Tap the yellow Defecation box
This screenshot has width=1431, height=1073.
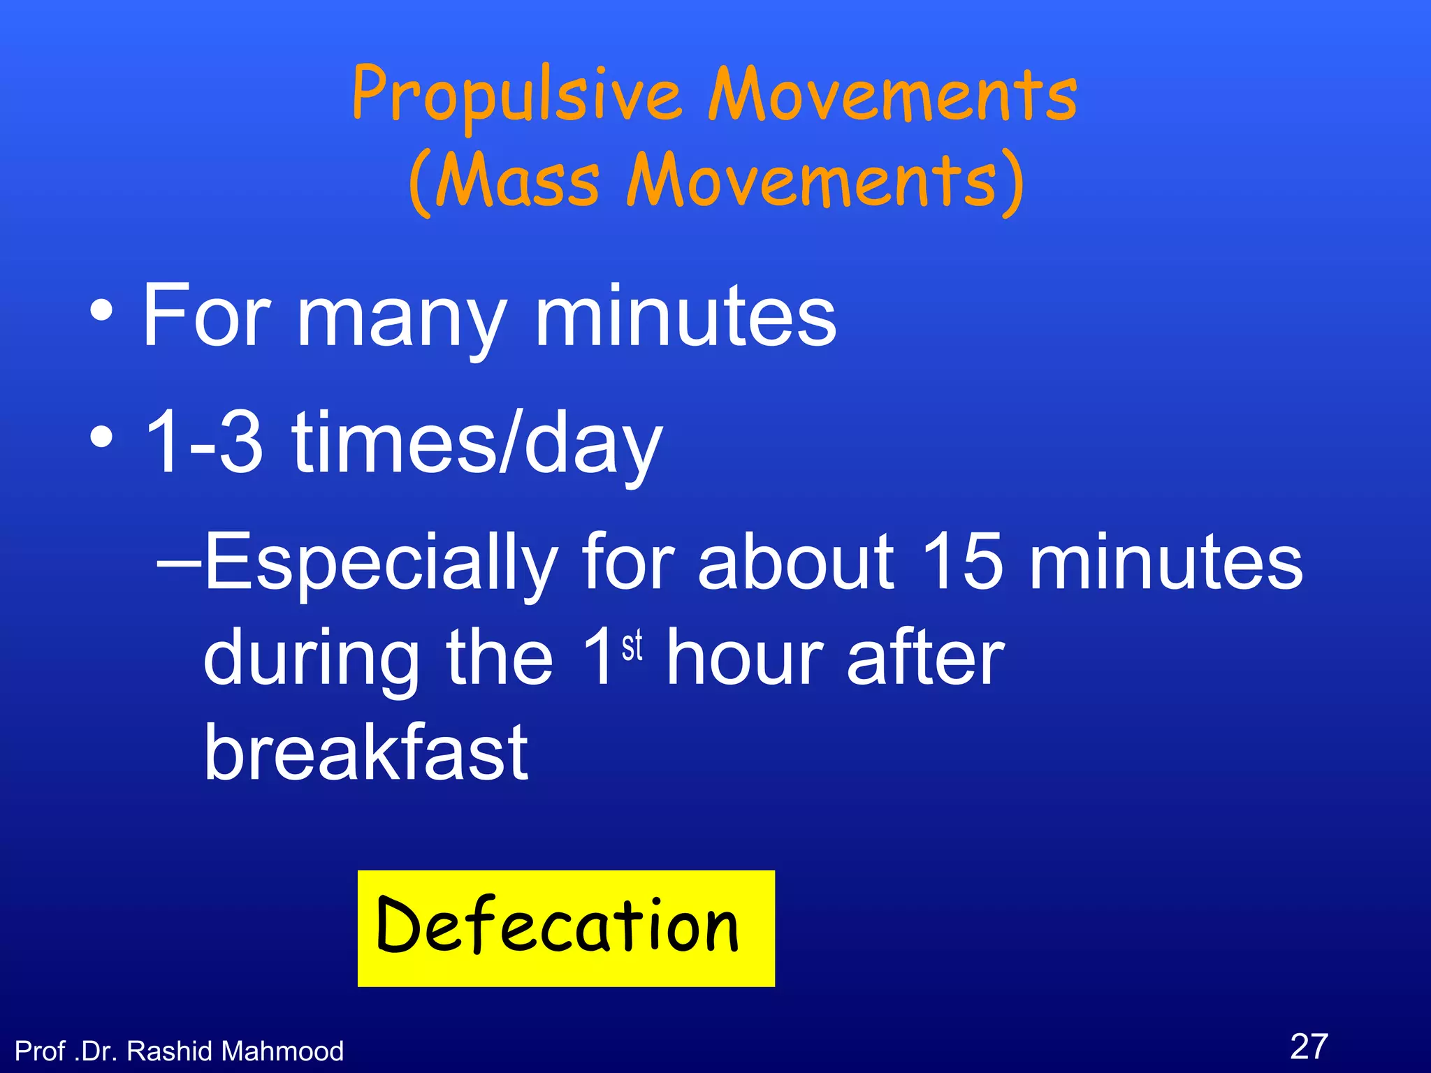click(566, 928)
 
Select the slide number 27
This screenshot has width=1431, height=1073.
click(1309, 1046)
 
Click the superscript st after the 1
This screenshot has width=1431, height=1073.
click(632, 645)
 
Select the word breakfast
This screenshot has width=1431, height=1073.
click(365, 752)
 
